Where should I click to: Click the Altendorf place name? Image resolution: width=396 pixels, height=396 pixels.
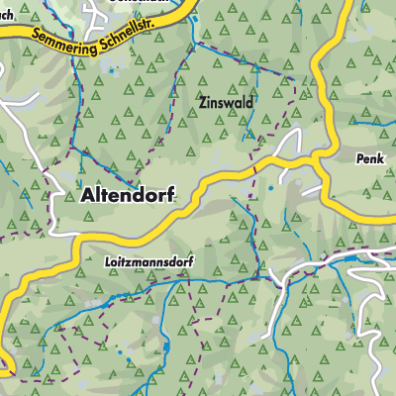click(123, 195)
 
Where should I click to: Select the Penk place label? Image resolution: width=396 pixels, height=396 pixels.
click(368, 157)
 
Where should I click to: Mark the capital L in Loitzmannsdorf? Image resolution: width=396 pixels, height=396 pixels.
click(106, 263)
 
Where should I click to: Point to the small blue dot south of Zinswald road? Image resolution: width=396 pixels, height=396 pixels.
click(269, 185)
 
